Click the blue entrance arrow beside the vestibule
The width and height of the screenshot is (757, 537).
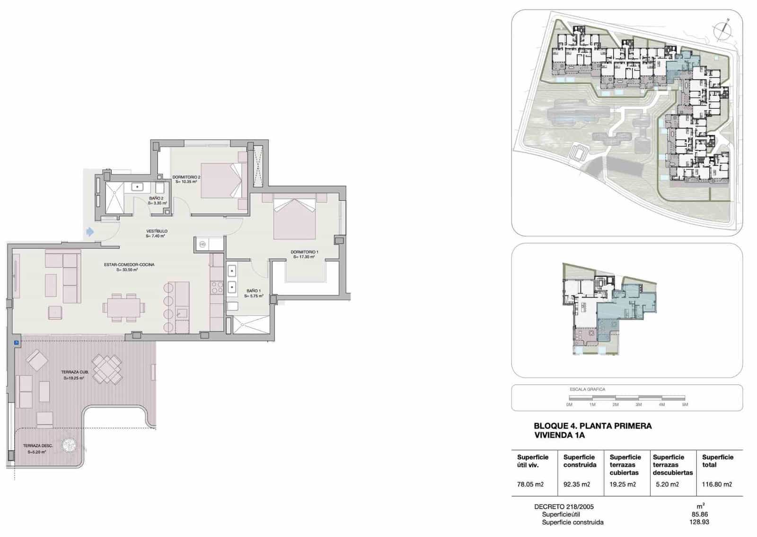89,232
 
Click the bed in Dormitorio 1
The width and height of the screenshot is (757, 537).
294,219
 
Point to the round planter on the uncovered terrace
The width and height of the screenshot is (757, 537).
70,445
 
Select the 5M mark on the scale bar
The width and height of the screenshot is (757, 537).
685,405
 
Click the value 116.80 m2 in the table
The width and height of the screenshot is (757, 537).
717,484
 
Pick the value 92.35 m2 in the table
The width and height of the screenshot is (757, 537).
577,484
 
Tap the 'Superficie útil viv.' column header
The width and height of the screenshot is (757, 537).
532,461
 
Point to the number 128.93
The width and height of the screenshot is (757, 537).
699,522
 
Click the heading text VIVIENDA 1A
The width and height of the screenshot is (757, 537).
559,435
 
